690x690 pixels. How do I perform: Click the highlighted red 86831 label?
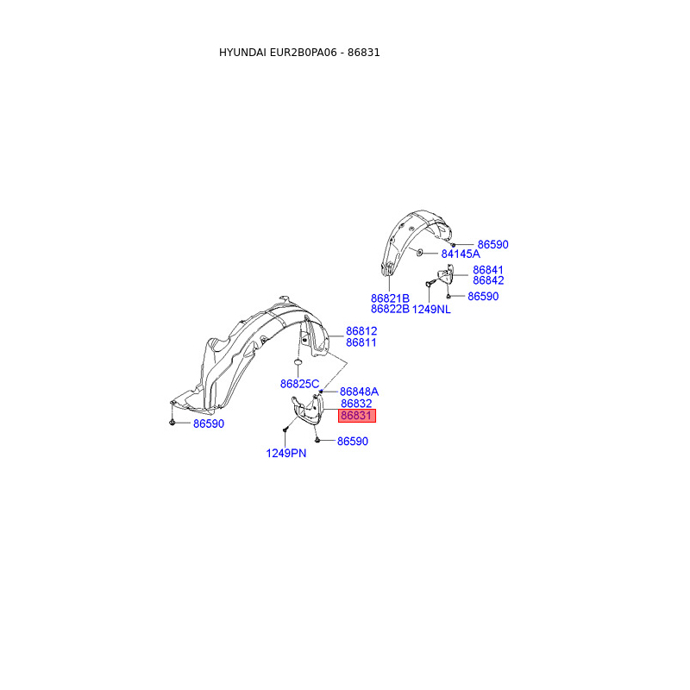pyautogui.click(x=356, y=416)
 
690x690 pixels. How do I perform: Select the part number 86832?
pyautogui.click(x=356, y=404)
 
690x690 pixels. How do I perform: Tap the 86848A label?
pyautogui.click(x=359, y=391)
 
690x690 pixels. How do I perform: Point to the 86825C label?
pyautogui.click(x=299, y=384)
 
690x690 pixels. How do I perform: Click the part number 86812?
pyautogui.click(x=361, y=331)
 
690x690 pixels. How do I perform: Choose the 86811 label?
pyautogui.click(x=361, y=342)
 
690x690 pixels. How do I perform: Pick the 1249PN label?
pyautogui.click(x=285, y=453)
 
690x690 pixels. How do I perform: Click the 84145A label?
pyautogui.click(x=461, y=254)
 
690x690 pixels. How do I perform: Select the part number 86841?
pyautogui.click(x=488, y=270)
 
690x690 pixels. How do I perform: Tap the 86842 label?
pyautogui.click(x=488, y=280)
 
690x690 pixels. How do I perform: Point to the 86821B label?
pyautogui.click(x=390, y=298)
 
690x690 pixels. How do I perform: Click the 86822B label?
pyautogui.click(x=390, y=309)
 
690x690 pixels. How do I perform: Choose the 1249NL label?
pyautogui.click(x=431, y=309)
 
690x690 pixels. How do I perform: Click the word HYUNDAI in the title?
pyautogui.click(x=243, y=53)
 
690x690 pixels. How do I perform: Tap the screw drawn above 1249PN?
pyautogui.click(x=285, y=430)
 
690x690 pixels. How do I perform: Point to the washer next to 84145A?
pyautogui.click(x=417, y=253)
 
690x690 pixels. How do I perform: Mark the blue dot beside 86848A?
pyautogui.click(x=321, y=392)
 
